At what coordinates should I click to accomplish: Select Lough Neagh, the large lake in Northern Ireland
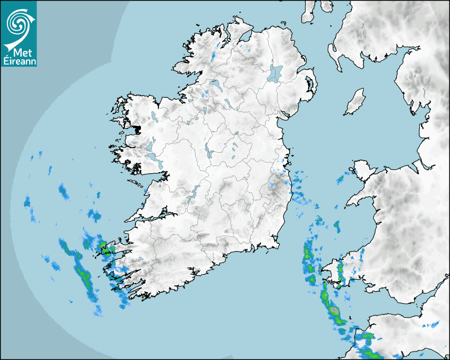pos(275,73)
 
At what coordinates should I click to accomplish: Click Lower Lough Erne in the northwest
pos(215,84)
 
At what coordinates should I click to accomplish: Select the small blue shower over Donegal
pos(214,53)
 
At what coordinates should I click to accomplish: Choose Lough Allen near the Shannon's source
pos(204,111)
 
